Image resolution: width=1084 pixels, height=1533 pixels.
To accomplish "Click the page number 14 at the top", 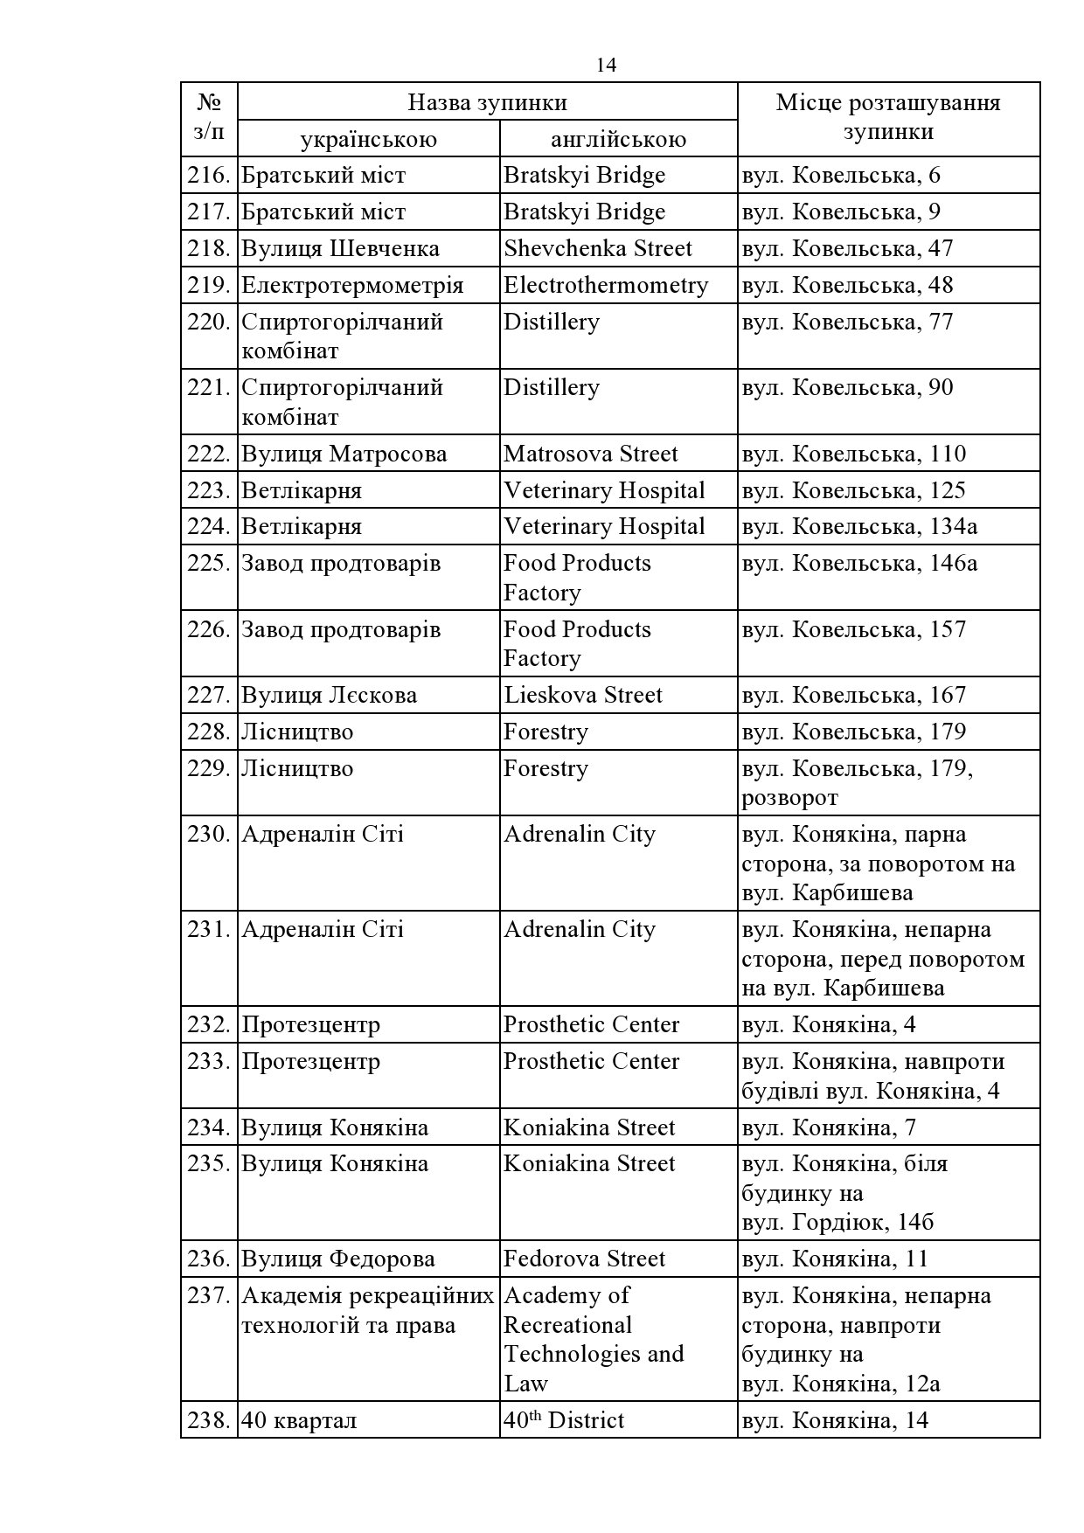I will click(606, 66).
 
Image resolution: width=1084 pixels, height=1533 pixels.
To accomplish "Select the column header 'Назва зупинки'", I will click(487, 102).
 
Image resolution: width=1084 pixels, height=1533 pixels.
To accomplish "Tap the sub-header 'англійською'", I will click(618, 139).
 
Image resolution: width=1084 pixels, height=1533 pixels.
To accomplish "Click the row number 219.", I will click(208, 286).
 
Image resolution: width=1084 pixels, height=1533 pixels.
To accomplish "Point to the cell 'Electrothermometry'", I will click(606, 286).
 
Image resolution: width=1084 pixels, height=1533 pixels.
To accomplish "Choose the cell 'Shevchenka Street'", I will click(598, 249).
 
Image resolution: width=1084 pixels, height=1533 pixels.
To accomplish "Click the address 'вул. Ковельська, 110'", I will click(854, 454).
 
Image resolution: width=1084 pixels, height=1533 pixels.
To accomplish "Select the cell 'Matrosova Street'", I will click(591, 454).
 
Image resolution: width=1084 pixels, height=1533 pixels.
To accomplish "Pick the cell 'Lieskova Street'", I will click(583, 696).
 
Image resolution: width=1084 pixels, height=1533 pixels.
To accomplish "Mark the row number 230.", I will click(208, 835).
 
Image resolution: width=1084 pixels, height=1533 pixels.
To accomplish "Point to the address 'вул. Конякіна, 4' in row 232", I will click(829, 1025).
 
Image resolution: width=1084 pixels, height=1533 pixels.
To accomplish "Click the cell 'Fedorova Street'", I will click(585, 1259).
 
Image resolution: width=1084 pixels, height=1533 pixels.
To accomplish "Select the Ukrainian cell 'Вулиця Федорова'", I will click(338, 1259).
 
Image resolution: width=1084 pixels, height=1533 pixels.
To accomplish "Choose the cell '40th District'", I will click(564, 1420).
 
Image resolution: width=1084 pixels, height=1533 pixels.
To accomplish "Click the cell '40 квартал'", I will click(299, 1421).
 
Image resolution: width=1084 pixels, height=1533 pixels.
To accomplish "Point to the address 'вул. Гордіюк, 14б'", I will click(837, 1223).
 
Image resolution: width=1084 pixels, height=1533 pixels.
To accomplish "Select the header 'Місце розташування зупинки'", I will click(888, 117).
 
